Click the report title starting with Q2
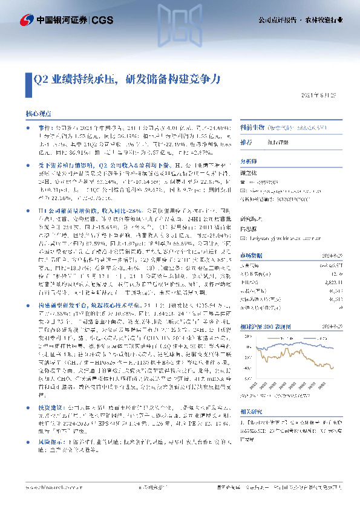[x=128, y=79]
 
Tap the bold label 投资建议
[x=50, y=408]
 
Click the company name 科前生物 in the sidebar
[x=252, y=128]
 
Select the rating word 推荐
[x=246, y=143]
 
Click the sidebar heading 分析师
[x=249, y=161]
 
